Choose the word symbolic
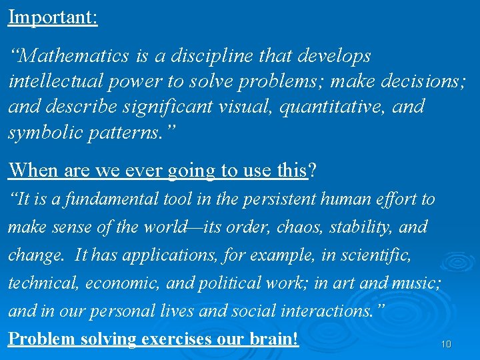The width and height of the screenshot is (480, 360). (43, 132)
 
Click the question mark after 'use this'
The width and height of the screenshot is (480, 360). (313, 170)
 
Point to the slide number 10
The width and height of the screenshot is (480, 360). (446, 345)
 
